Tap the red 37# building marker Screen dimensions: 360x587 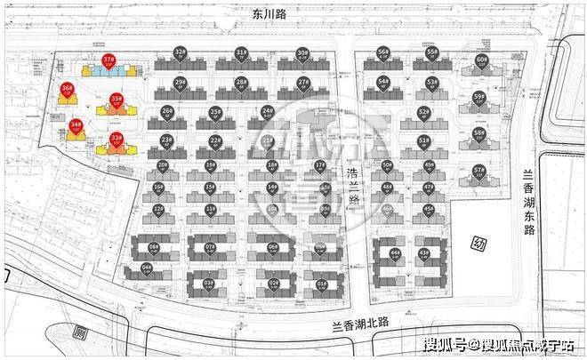[x=109, y=61]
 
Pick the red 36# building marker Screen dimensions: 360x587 [x=67, y=89]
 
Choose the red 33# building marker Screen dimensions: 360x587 [x=117, y=139]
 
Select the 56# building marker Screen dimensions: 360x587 [x=382, y=53]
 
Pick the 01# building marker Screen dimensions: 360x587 [x=321, y=285]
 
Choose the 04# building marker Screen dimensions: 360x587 [x=147, y=268]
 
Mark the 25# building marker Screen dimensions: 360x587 [x=214, y=112]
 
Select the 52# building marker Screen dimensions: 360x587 [x=423, y=113]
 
